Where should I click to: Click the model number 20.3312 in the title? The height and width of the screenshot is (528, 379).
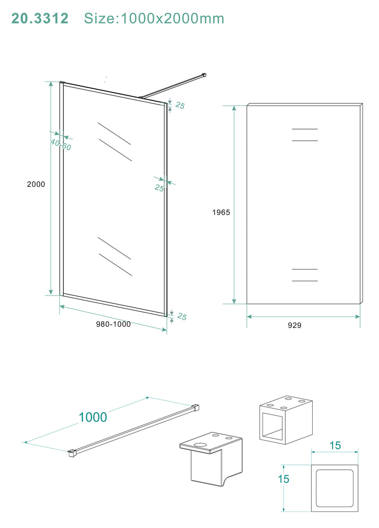(40, 19)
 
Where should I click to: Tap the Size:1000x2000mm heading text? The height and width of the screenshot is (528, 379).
(154, 19)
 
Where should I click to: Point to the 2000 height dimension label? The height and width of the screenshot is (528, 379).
(36, 184)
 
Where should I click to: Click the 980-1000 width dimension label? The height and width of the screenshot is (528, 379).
(113, 324)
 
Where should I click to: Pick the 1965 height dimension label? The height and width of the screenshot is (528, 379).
(221, 213)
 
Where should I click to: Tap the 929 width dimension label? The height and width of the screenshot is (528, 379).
(294, 325)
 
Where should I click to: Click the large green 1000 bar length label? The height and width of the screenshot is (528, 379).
(93, 417)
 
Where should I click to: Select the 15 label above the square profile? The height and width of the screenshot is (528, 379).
(335, 446)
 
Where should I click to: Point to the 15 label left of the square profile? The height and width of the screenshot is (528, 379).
(283, 479)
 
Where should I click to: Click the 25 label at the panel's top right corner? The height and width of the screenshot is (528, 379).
(180, 106)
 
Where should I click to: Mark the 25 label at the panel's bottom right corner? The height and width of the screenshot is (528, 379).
(181, 317)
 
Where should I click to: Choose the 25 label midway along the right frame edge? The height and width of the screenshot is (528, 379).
(159, 188)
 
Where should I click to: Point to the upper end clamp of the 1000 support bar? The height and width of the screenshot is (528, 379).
(195, 407)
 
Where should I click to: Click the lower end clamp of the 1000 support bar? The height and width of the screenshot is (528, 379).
(72, 453)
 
